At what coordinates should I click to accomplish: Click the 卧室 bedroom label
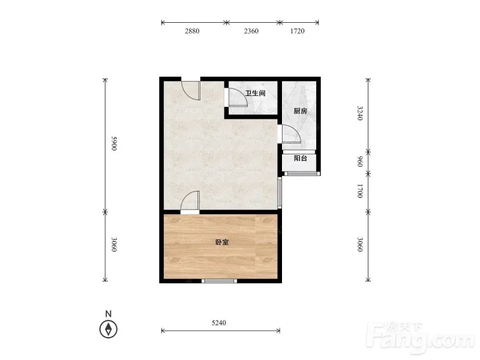(x=222, y=242)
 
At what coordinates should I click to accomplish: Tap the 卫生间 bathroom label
(x=255, y=93)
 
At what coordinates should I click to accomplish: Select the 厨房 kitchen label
(x=301, y=110)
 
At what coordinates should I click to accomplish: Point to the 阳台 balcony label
(x=301, y=158)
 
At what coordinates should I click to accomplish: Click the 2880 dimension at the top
(x=192, y=31)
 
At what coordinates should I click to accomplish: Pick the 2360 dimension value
(x=251, y=31)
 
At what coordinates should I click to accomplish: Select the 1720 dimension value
(x=297, y=31)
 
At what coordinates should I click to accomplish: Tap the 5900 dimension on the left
(x=114, y=143)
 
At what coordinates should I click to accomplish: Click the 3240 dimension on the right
(x=360, y=113)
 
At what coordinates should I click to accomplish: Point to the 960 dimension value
(x=360, y=161)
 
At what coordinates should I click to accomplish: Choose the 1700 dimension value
(x=360, y=191)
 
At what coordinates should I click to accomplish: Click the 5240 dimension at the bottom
(x=218, y=323)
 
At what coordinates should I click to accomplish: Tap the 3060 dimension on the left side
(x=114, y=244)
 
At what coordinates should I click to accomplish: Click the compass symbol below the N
(x=108, y=329)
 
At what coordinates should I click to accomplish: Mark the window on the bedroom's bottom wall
(x=219, y=281)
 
